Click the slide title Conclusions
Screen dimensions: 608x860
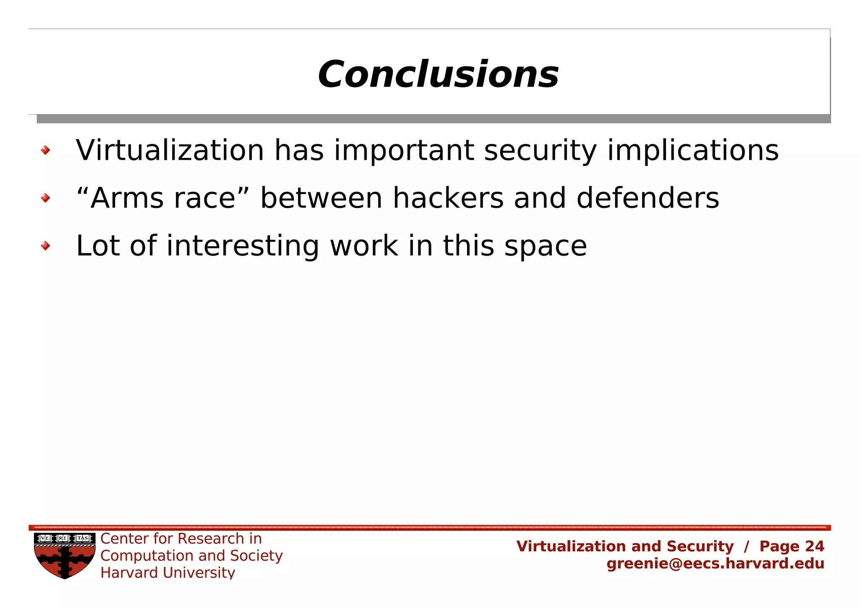[x=438, y=75]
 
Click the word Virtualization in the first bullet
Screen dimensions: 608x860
[x=170, y=150]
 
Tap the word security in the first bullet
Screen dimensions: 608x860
[x=540, y=151]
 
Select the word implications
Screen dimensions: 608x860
[x=693, y=151]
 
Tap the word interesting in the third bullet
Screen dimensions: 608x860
[x=243, y=246]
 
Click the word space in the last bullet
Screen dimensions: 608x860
[x=545, y=247]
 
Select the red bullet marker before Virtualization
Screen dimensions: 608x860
[x=45, y=150]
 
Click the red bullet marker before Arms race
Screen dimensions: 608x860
[x=45, y=198]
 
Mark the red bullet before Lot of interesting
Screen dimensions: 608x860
[x=45, y=246]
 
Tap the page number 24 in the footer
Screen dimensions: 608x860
[x=815, y=546]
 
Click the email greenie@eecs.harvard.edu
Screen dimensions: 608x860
[x=715, y=563]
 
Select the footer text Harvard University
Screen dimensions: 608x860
[x=168, y=573]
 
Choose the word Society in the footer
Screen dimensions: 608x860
[x=256, y=556]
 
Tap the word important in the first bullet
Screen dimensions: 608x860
[x=404, y=151]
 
